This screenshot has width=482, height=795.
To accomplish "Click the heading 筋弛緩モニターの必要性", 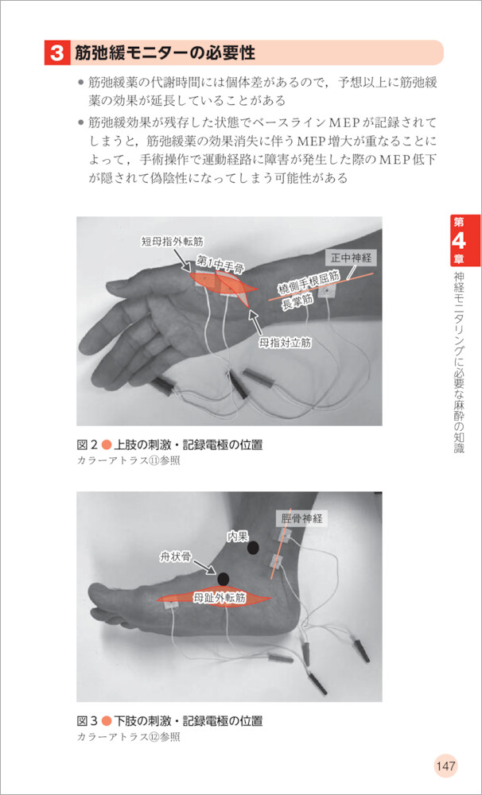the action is click(x=165, y=53).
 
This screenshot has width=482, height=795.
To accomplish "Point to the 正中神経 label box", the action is click(x=351, y=258).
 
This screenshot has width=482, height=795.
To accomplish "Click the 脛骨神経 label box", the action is click(x=301, y=518).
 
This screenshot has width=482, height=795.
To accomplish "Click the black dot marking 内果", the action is click(x=253, y=547).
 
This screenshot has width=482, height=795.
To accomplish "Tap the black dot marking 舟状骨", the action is click(x=223, y=579).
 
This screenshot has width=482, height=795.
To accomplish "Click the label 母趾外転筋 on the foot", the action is click(x=220, y=599).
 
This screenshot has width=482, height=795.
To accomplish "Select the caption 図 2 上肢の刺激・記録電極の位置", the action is click(x=170, y=445).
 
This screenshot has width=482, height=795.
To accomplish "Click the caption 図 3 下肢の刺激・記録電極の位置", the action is click(x=170, y=720).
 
